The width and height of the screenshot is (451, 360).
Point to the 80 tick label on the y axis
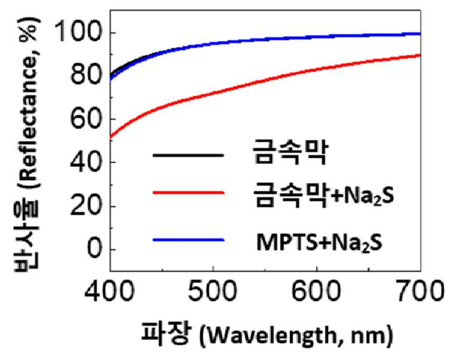tap(86, 74)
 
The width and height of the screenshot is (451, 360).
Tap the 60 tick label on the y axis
tap(86, 118)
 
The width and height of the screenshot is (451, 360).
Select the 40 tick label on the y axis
tap(86, 162)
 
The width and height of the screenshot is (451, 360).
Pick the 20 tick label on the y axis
tap(86, 206)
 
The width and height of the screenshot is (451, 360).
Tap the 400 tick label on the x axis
tap(110, 291)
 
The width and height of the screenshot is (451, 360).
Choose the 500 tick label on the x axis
tap(213, 291)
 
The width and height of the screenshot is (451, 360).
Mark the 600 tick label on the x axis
tap(316, 291)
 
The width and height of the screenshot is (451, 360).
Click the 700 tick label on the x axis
tap(419, 291)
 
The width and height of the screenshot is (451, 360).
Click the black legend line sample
tap(189, 155)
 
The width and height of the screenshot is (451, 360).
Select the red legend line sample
tap(189, 192)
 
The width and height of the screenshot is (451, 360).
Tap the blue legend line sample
tap(189, 240)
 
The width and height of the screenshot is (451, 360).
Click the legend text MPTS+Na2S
tap(320, 243)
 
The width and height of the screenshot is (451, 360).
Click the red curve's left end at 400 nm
tap(111, 138)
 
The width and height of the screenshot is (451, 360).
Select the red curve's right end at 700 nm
tap(420, 55)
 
